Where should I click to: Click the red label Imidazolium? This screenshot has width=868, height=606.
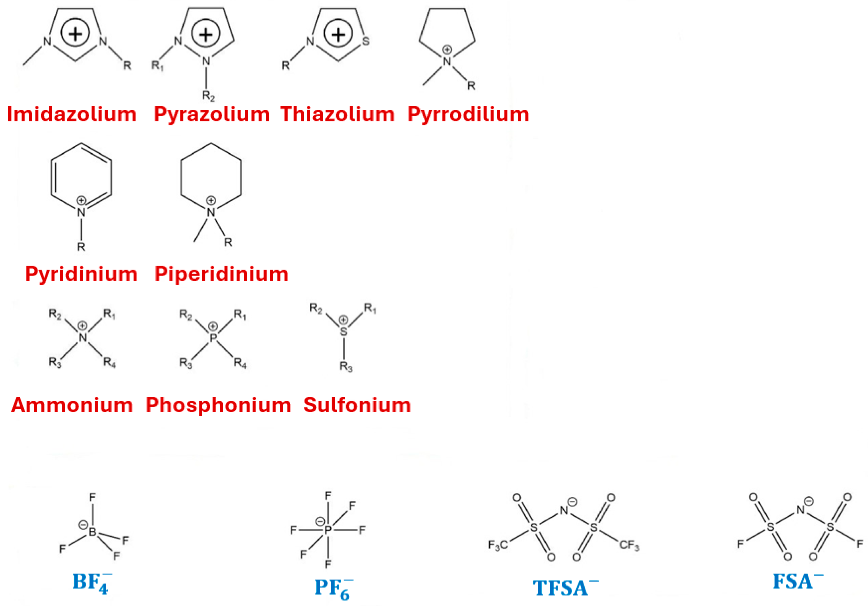72,114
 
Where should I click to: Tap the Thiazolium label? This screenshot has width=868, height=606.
337,114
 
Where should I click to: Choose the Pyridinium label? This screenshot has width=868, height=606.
81,274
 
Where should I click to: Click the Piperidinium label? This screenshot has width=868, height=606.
222,274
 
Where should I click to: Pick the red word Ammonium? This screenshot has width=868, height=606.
72,405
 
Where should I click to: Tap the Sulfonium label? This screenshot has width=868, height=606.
357,405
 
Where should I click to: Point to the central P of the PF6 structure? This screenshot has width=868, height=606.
327,530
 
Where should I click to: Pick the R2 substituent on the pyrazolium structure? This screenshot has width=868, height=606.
208,96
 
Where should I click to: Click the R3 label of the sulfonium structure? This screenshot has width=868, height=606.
345,367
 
